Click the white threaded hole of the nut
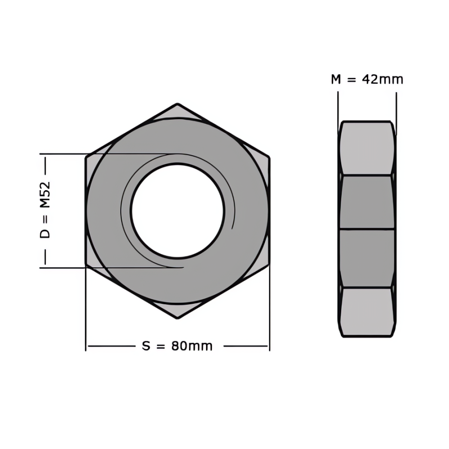point(177,211)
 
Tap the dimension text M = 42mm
point(367,79)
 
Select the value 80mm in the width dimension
point(192,346)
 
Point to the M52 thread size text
point(45,195)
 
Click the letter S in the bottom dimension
point(146,346)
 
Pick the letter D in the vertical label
point(45,233)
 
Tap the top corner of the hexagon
point(178,104)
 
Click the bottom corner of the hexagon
point(178,318)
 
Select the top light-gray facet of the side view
point(367,148)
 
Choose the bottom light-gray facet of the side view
point(367,311)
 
